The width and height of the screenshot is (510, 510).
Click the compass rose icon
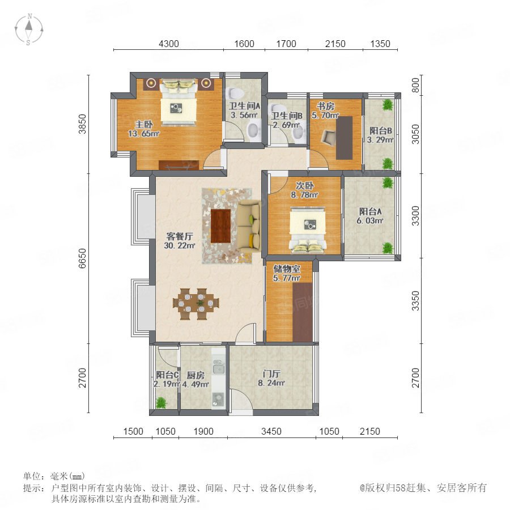point(29,29)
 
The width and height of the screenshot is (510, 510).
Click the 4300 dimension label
point(168,44)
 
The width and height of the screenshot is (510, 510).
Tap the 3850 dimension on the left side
point(83,124)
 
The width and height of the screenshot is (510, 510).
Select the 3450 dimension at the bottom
point(271,431)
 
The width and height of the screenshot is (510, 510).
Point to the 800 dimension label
point(416,85)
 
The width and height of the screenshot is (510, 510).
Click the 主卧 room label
point(144,124)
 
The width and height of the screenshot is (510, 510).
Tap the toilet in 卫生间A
point(235,93)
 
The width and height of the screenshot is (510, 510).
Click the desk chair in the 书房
point(329,137)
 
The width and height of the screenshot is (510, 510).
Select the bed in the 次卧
point(308,229)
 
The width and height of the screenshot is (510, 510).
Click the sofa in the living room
point(249,226)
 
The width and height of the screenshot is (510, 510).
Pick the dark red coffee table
point(221,226)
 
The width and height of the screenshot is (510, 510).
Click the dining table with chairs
point(196,304)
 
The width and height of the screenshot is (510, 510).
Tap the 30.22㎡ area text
point(180,245)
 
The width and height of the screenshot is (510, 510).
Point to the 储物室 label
point(287,269)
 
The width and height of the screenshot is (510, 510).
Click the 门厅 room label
point(271,374)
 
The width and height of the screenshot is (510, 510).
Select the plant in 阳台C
point(161,403)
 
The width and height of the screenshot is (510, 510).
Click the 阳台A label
point(370,211)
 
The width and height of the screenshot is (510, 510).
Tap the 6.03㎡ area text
point(370,220)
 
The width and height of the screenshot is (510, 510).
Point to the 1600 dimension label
point(244,44)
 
